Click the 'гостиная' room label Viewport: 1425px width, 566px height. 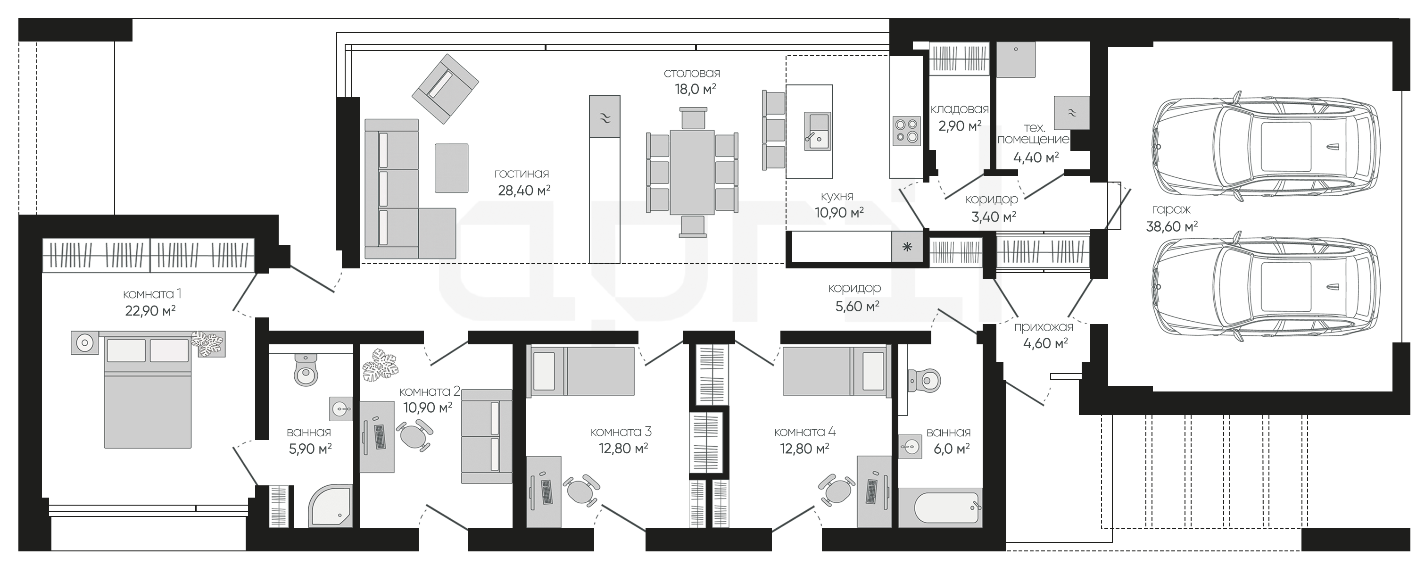(x=521, y=174)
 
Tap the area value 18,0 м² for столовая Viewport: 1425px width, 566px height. (x=695, y=89)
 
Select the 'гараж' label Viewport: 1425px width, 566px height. (x=1171, y=210)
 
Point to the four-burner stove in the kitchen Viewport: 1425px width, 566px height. (x=907, y=131)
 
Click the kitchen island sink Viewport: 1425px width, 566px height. (x=817, y=132)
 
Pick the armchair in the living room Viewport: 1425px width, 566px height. (x=445, y=89)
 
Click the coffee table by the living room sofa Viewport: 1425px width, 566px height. (x=451, y=168)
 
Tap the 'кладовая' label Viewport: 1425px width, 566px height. (x=959, y=109)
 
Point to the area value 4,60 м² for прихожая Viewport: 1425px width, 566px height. (x=1045, y=343)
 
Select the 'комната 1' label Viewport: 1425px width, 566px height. (x=151, y=294)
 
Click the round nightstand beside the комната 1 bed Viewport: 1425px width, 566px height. (x=84, y=343)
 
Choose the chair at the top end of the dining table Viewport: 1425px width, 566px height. (x=694, y=118)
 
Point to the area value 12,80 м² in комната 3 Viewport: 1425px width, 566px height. (x=623, y=448)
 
